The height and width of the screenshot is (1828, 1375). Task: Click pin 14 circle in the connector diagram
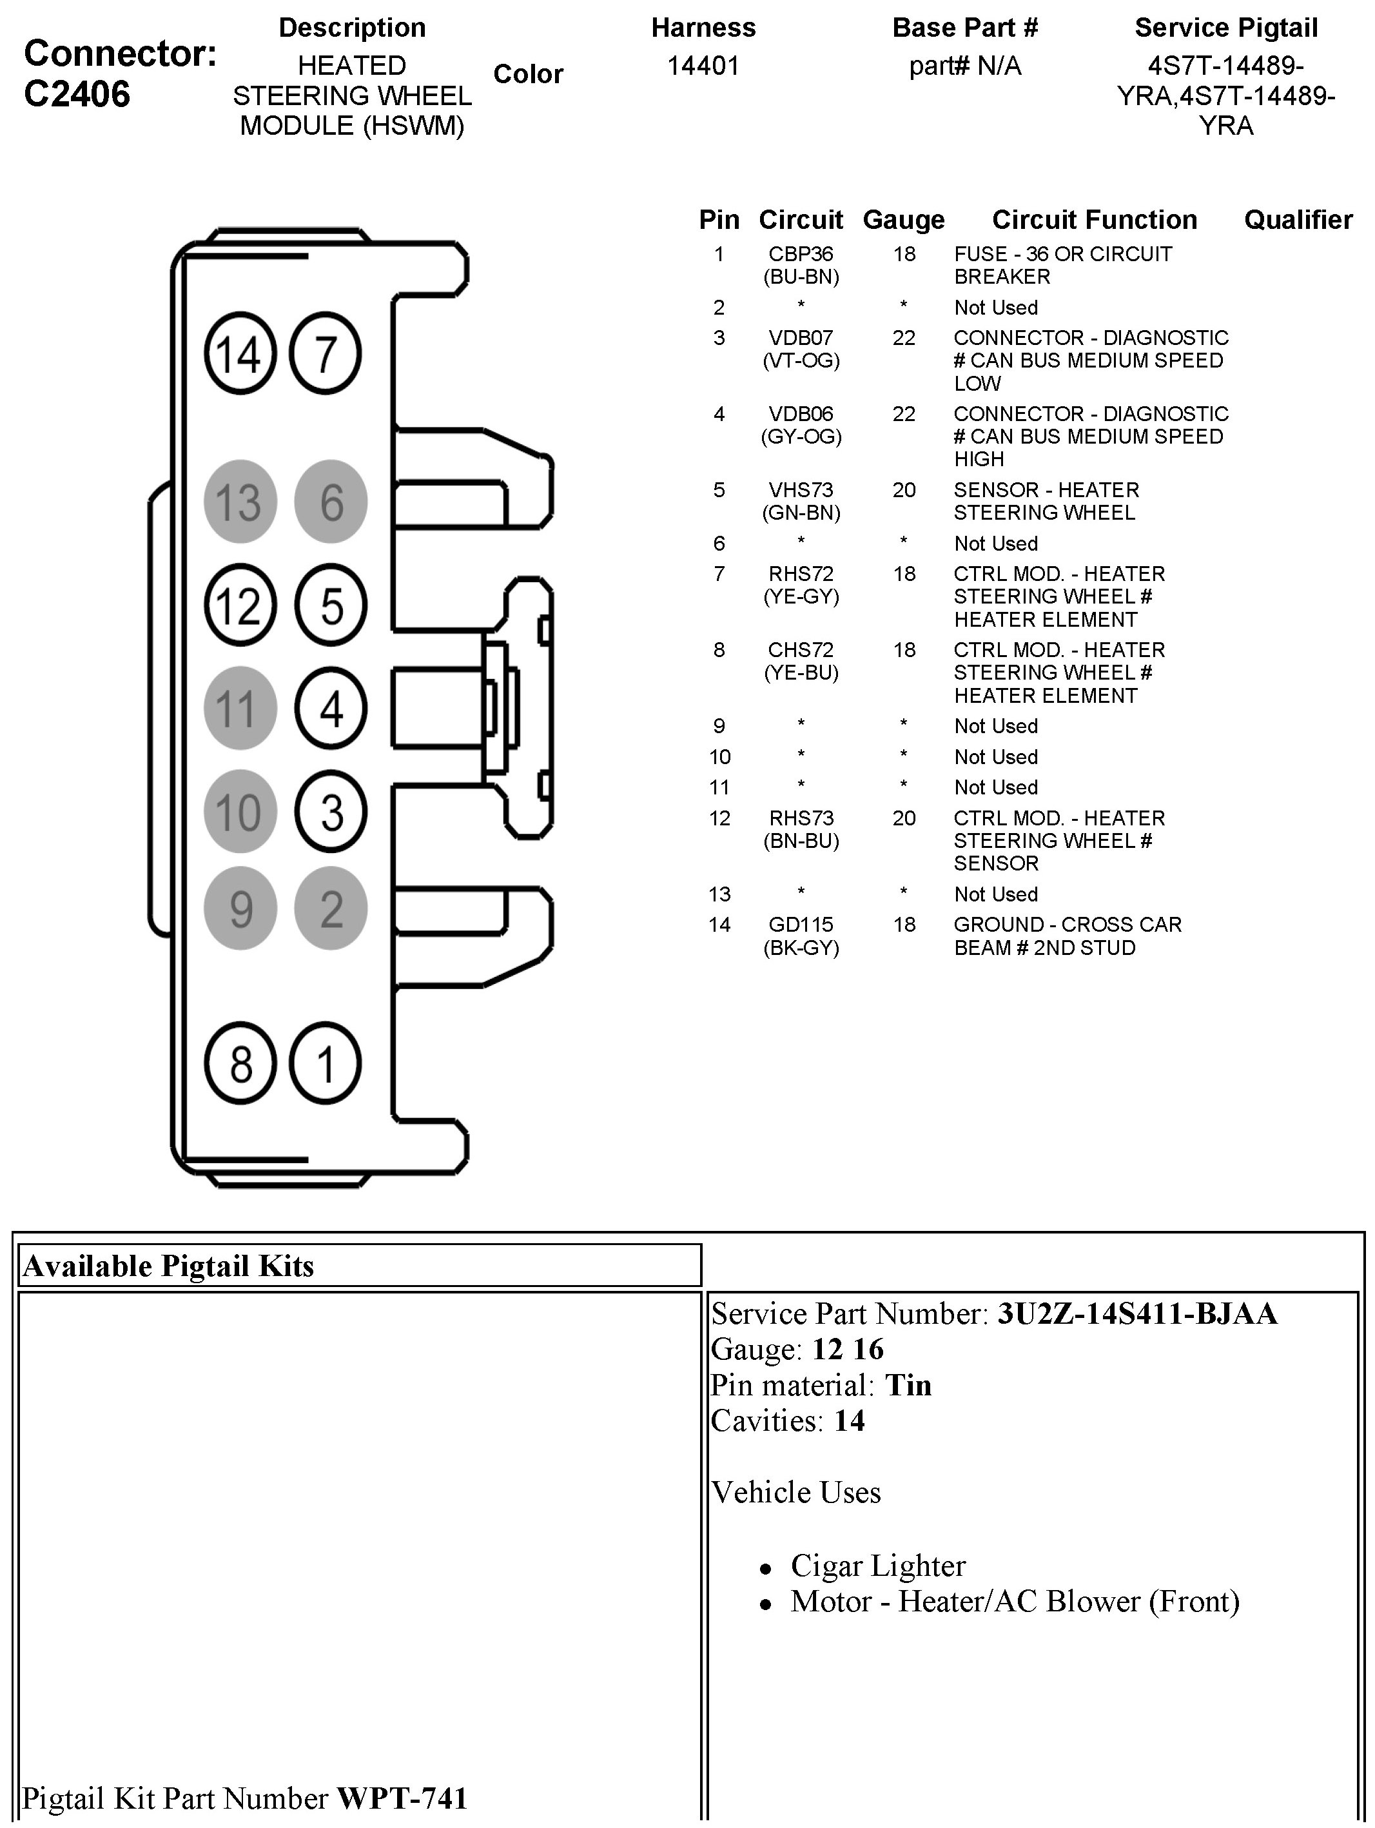tap(240, 354)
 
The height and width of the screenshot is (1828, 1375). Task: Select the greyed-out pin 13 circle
tap(240, 502)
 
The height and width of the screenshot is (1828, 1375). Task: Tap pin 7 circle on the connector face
tap(326, 354)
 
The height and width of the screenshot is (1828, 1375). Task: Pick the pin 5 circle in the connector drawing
tap(331, 605)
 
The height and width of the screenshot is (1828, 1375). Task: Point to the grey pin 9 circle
tap(240, 909)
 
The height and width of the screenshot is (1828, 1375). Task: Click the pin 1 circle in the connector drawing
tap(326, 1063)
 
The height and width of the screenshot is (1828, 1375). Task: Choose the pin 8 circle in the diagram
tap(240, 1063)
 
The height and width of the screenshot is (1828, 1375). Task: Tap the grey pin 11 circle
tap(240, 708)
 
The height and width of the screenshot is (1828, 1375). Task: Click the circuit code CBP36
tap(801, 255)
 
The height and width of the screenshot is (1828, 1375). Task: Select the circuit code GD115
tap(801, 925)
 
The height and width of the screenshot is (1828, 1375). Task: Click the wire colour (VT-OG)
tap(801, 360)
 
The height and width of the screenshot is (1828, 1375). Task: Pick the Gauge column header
tap(903, 220)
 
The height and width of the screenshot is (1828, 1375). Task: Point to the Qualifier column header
tap(1298, 220)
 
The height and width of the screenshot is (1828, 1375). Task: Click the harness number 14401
tap(703, 66)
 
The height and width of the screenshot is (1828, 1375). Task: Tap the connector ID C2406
tap(77, 94)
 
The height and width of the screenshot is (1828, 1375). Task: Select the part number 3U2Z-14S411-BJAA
tap(1137, 1314)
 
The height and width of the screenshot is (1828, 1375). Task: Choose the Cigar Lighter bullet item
tap(877, 1565)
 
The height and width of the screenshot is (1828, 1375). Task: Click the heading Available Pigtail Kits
tap(168, 1266)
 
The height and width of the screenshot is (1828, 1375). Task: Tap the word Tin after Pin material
tap(908, 1385)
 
